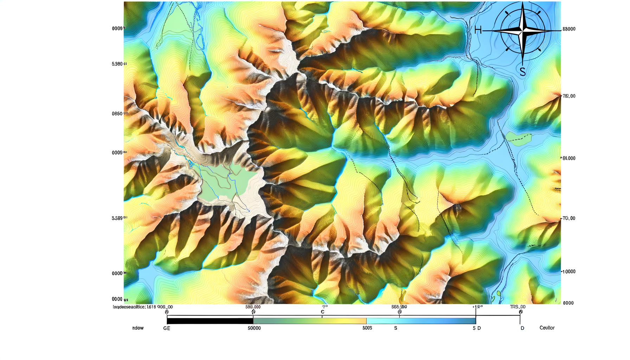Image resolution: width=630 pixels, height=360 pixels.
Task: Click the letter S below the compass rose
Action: point(523,72)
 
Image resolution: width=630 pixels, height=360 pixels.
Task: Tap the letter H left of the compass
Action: point(478,30)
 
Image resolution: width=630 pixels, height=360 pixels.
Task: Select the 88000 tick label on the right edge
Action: point(569,29)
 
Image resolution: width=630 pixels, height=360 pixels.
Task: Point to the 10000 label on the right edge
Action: point(569,272)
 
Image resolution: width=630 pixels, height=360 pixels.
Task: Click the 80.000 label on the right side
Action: point(568,159)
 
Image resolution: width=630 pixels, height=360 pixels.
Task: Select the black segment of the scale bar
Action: point(210,321)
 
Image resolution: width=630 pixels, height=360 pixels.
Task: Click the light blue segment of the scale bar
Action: point(421,321)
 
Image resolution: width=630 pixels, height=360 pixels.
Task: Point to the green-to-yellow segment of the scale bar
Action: point(309,321)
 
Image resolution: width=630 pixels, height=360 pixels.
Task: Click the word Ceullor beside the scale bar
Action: point(547,328)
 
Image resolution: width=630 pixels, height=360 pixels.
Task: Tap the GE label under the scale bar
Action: point(167,328)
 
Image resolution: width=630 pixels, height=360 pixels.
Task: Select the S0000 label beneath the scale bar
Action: point(254,328)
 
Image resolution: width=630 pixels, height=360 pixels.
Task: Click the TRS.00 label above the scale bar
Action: point(517,307)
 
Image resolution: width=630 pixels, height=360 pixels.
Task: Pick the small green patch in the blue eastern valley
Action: point(517,138)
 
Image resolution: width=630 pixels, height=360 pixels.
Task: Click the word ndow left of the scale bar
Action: point(138,328)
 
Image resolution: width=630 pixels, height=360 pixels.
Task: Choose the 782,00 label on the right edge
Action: point(569,96)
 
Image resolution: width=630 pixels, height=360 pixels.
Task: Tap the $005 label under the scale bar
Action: point(367,328)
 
